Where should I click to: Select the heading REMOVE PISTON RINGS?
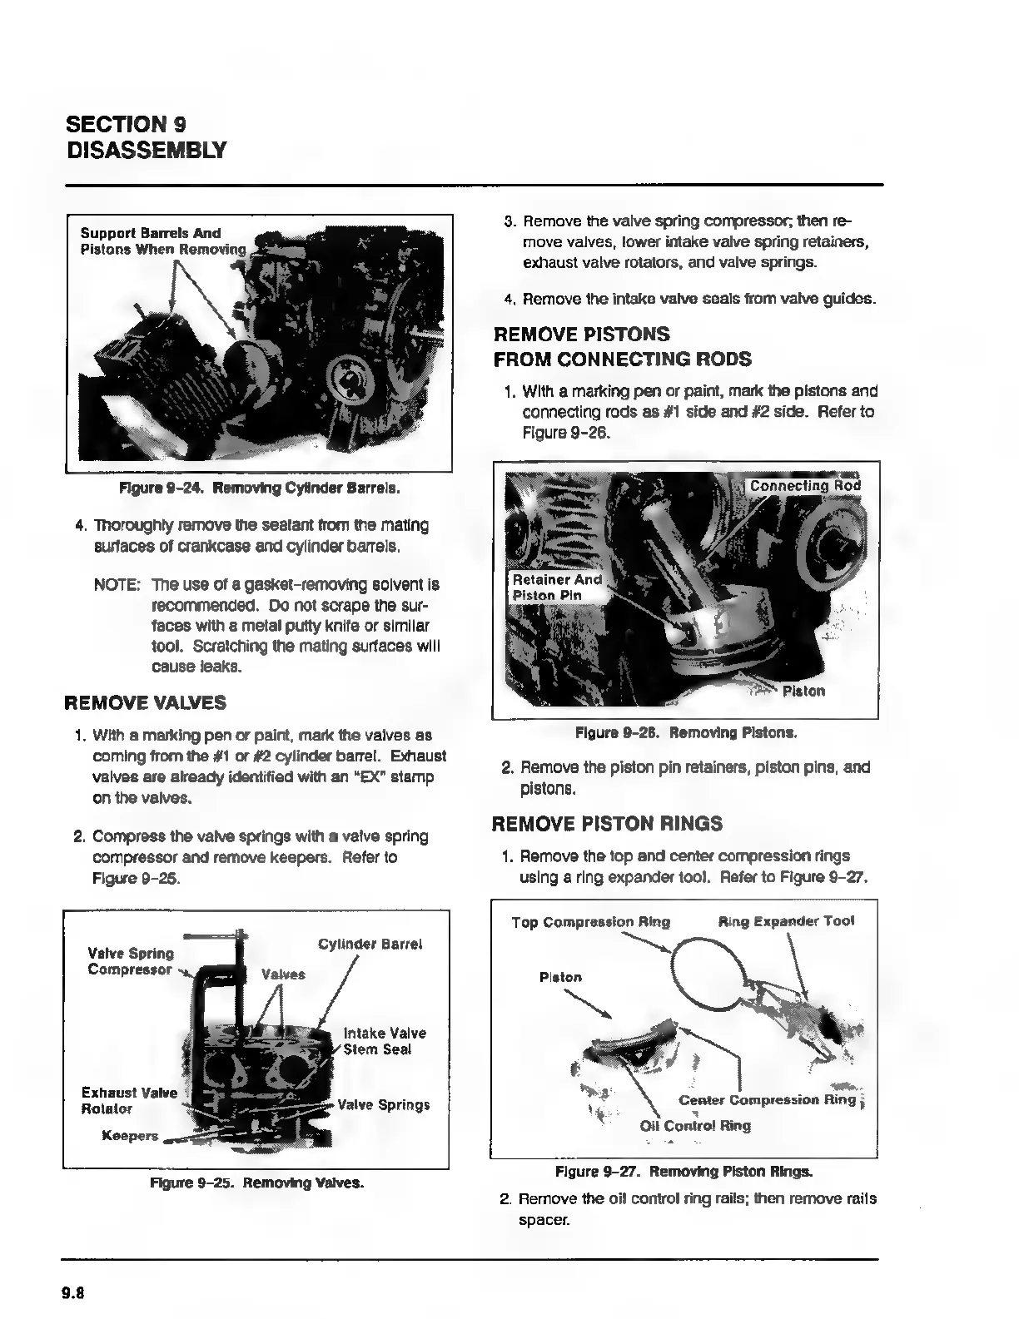607,824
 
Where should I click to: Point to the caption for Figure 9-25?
256,1183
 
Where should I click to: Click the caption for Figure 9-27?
683,1172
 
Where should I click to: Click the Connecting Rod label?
804,486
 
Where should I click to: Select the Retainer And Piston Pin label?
556,587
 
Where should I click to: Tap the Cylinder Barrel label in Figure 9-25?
370,945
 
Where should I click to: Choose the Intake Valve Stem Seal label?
385,1041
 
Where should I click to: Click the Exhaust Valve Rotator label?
129,1100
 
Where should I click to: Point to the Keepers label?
130,1136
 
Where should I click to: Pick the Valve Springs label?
383,1105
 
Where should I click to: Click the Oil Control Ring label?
695,1126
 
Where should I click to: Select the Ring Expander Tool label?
786,921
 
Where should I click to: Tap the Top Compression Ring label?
590,922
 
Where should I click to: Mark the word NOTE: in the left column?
117,585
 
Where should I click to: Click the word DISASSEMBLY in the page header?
146,150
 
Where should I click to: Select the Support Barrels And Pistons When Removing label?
163,241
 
